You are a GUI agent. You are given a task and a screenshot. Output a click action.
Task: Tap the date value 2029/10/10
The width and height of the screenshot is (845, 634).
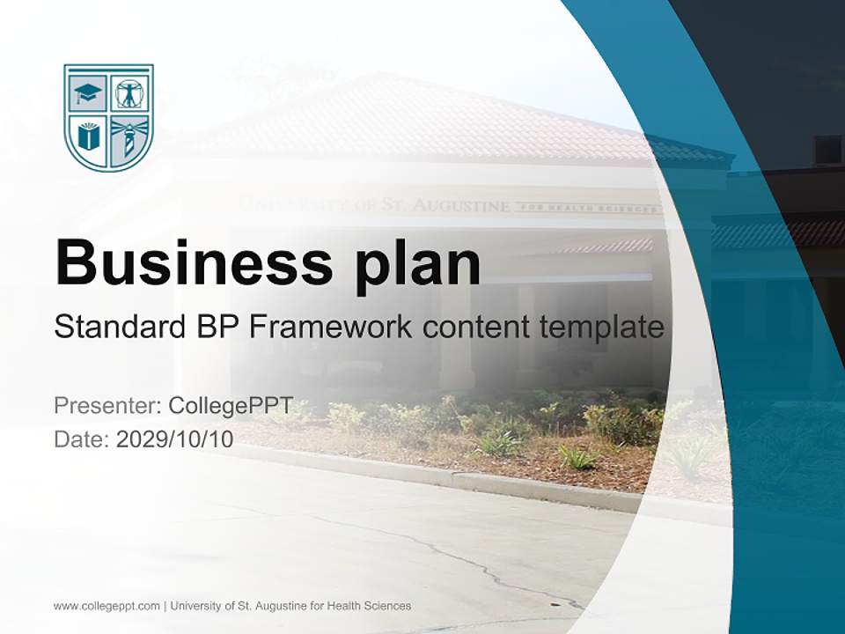pyautogui.click(x=175, y=439)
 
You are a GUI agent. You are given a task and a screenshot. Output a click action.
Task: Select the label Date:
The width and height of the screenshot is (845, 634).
pyautogui.click(x=82, y=439)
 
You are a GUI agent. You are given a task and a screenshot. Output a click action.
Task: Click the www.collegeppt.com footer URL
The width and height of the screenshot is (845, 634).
pyautogui.click(x=107, y=606)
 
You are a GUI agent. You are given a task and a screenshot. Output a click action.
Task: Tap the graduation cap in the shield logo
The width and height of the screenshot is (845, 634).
pyautogui.click(x=89, y=92)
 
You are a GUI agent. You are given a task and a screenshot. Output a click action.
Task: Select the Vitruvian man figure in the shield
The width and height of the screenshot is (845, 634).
pyautogui.click(x=129, y=92)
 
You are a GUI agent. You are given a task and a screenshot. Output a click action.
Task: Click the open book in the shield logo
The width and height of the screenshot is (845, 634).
pyautogui.click(x=89, y=136)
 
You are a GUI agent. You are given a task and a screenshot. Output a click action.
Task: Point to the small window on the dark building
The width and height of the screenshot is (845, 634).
pyautogui.click(x=827, y=151)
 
